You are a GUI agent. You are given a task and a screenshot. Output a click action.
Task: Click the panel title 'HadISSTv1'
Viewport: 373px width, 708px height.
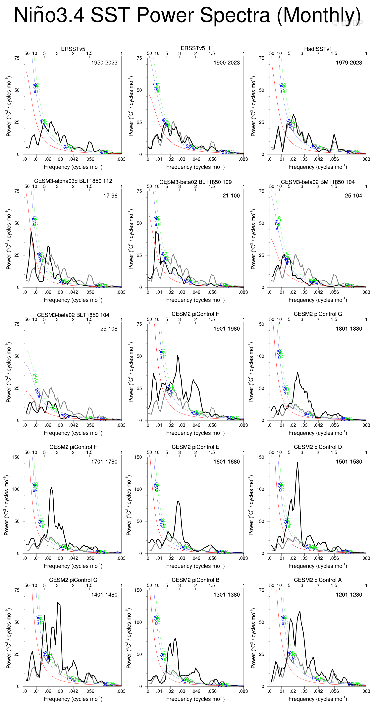pos(318,49)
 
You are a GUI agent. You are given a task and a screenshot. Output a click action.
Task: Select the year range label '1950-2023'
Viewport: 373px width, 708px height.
pos(104,63)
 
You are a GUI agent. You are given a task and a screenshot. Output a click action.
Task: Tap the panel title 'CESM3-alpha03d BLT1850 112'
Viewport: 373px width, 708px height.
pos(73,181)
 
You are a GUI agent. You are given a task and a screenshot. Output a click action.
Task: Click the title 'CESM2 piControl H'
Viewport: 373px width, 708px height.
pos(195,314)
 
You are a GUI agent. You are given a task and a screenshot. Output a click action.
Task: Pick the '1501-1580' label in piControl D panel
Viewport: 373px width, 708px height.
pos(349,462)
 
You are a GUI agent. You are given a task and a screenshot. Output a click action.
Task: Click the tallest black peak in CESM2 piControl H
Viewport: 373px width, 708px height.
pos(178,355)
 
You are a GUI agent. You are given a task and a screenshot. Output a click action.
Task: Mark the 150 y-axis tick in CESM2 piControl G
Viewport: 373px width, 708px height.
pos(261,324)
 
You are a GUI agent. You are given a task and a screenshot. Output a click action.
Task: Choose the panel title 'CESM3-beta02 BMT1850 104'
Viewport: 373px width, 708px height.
pos(318,182)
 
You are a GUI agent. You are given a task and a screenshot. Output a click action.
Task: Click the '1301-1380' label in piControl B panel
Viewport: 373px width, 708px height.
pos(227,595)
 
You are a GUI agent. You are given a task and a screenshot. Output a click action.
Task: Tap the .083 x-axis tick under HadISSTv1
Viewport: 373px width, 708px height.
pos(366,159)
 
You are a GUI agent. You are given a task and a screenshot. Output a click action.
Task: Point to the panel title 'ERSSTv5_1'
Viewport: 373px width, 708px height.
pos(195,48)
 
